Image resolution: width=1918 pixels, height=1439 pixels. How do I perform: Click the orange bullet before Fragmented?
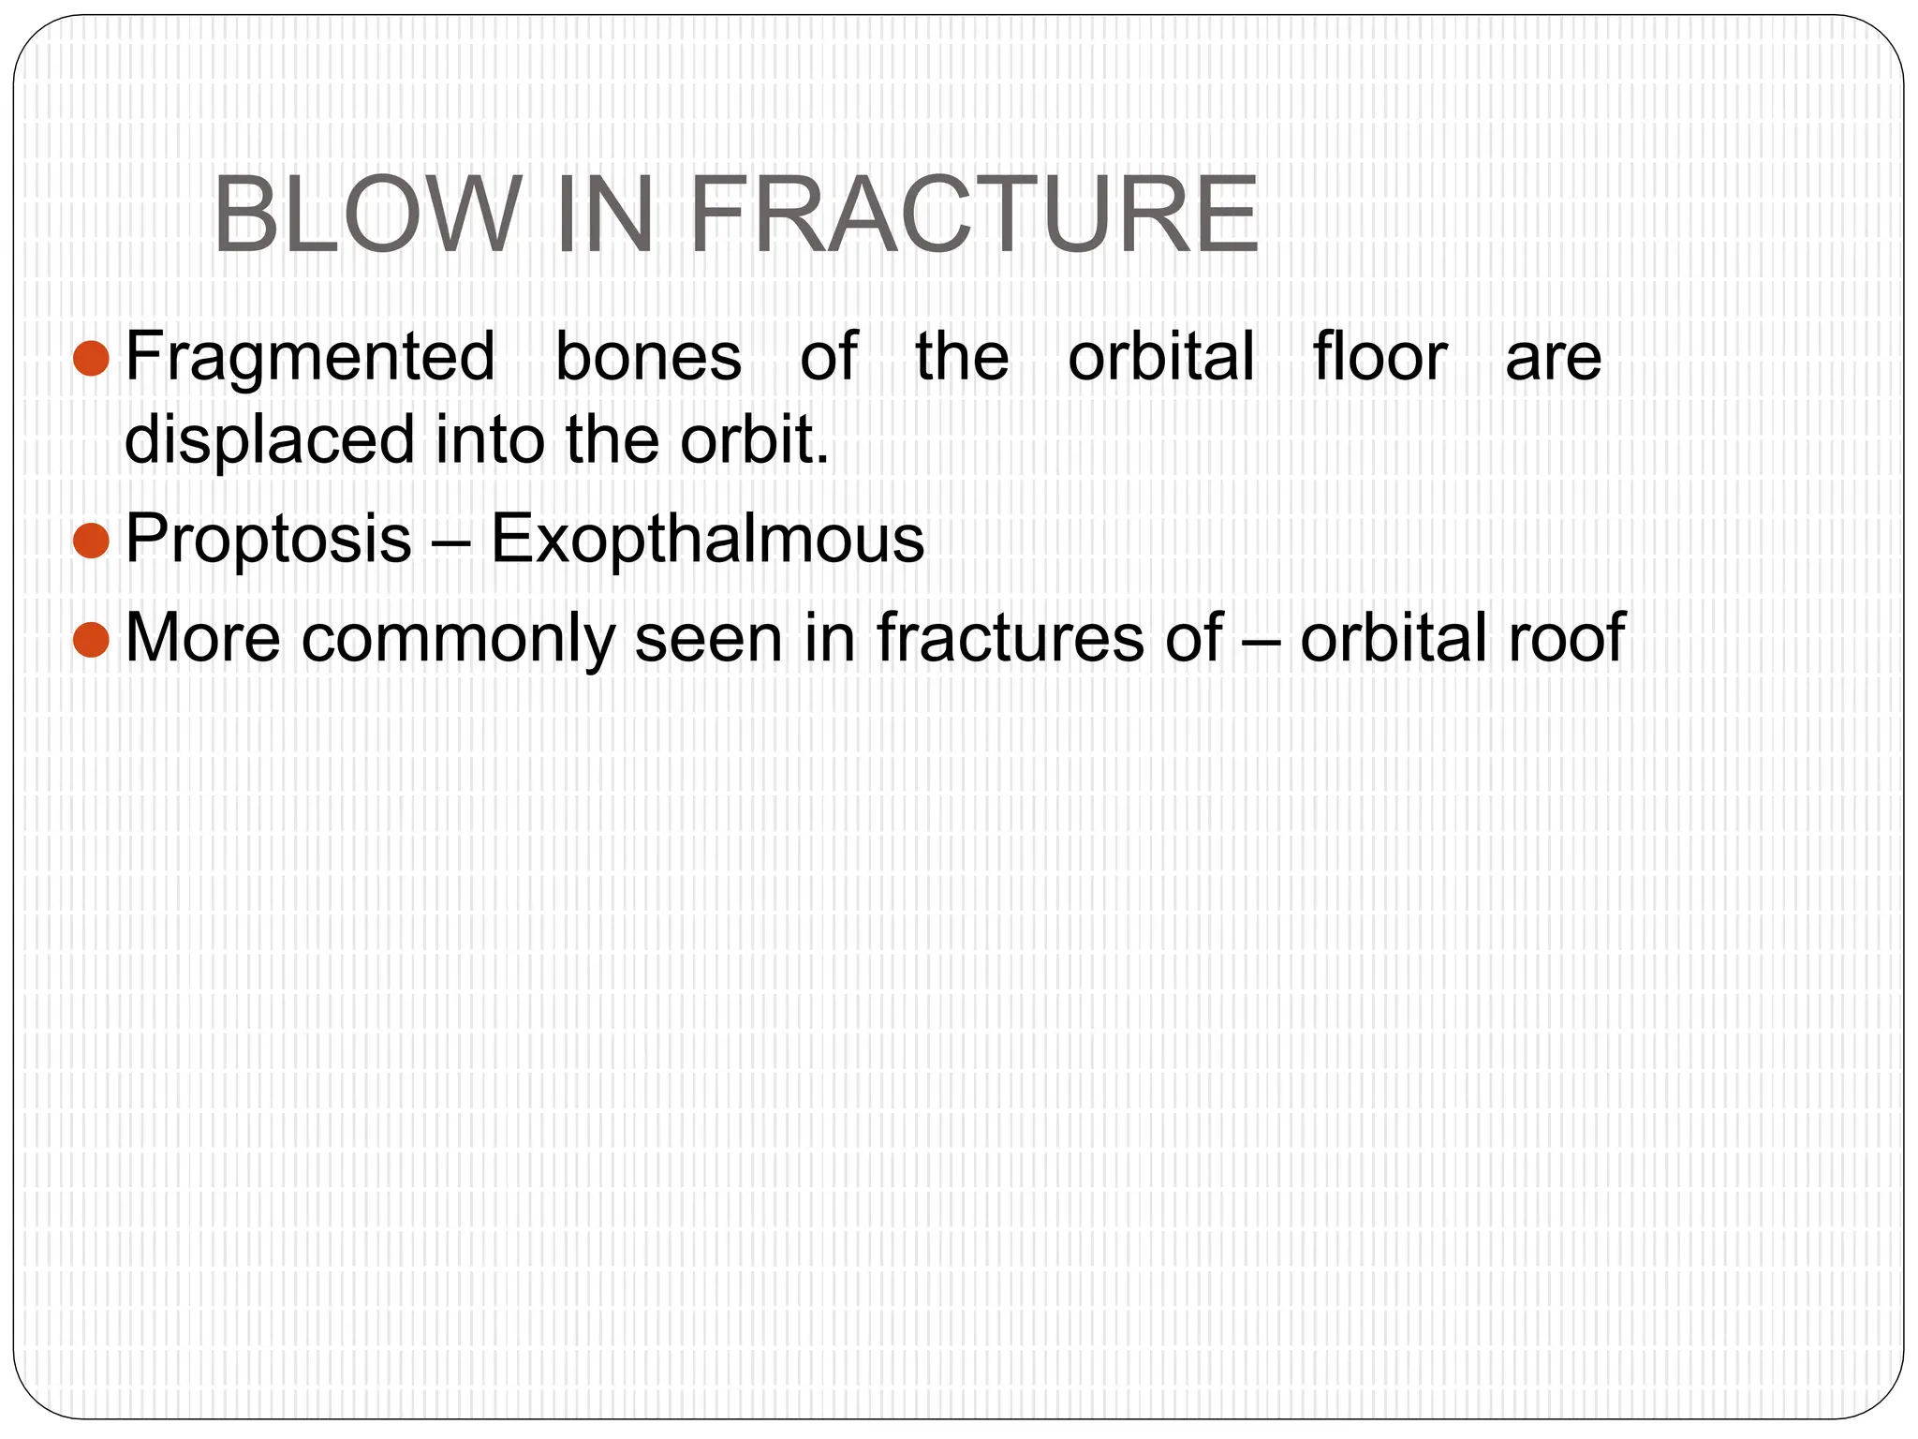[91, 357]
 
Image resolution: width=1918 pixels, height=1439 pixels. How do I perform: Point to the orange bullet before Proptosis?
[91, 540]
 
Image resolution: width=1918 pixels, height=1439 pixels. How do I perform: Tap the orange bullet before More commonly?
[91, 639]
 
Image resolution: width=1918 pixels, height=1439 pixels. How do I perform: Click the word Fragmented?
[310, 357]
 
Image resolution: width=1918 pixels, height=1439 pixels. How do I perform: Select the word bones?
[648, 357]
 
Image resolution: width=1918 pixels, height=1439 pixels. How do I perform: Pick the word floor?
[1379, 357]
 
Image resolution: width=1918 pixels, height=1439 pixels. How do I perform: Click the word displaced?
[270, 440]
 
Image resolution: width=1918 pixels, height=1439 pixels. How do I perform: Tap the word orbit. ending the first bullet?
[755, 440]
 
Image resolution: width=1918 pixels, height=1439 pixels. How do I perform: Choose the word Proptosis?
[269, 540]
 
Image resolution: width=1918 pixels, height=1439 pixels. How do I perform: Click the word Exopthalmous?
[707, 540]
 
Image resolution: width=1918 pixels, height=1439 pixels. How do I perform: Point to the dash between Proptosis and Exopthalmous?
[450, 541]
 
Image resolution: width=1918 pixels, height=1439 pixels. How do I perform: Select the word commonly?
[456, 639]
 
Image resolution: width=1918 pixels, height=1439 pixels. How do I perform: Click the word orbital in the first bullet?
[1160, 357]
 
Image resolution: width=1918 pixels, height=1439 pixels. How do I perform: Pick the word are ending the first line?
[1553, 357]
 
